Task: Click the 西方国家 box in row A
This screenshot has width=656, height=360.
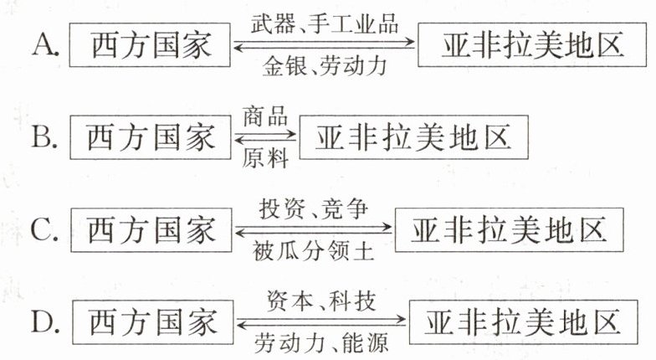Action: click(x=150, y=44)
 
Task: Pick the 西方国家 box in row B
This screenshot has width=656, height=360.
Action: click(x=150, y=136)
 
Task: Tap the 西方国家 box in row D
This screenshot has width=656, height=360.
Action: click(x=150, y=322)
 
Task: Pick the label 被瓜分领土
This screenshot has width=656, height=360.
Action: click(x=313, y=251)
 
